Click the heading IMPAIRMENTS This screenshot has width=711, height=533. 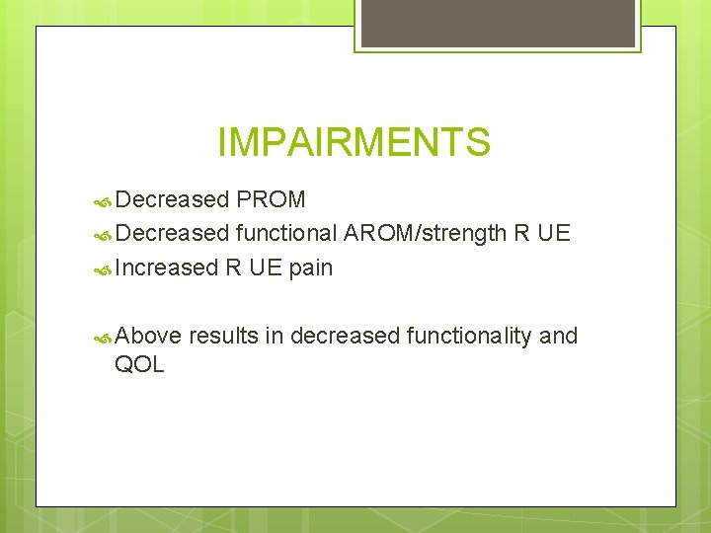pos(354,143)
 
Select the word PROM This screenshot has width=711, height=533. pos(271,200)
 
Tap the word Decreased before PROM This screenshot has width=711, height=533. pos(172,200)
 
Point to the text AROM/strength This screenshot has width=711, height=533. pos(425,234)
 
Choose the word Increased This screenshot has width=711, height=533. pos(166,267)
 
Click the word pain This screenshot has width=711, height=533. pos(311,267)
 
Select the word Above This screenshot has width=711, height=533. pos(148,337)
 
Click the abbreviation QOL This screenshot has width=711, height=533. pos(139,365)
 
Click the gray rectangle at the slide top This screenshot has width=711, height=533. pos(499,23)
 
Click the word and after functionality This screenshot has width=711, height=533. pos(559,337)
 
